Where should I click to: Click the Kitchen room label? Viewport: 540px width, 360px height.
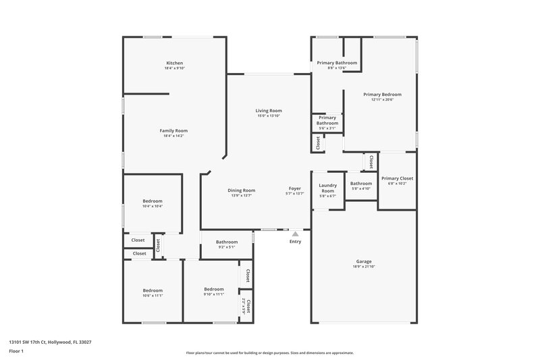click(x=174, y=63)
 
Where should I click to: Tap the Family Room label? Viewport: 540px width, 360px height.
click(x=173, y=130)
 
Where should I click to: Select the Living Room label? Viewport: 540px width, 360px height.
click(x=269, y=110)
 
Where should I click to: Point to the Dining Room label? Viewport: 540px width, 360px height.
click(x=241, y=190)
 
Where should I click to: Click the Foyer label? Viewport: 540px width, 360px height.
click(x=295, y=188)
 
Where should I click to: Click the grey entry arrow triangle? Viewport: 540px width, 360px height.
click(x=295, y=234)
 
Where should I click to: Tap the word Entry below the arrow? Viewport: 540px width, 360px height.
click(x=296, y=241)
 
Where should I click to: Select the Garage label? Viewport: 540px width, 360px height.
click(x=364, y=261)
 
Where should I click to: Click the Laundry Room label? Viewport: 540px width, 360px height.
click(x=328, y=188)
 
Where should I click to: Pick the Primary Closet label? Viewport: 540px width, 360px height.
click(x=397, y=178)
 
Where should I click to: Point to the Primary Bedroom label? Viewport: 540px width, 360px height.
click(x=382, y=95)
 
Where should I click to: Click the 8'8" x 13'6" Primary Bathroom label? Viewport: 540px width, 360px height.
click(x=337, y=63)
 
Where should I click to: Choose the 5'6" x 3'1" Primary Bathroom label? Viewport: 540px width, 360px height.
click(x=327, y=120)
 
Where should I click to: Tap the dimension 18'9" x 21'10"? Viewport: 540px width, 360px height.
click(x=364, y=267)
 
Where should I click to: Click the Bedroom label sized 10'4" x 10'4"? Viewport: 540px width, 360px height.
click(x=153, y=201)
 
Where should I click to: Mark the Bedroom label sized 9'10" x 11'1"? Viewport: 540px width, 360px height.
click(x=214, y=288)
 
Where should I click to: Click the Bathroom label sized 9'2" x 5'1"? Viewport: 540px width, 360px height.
click(x=227, y=242)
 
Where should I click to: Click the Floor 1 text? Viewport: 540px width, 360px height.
click(x=16, y=352)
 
